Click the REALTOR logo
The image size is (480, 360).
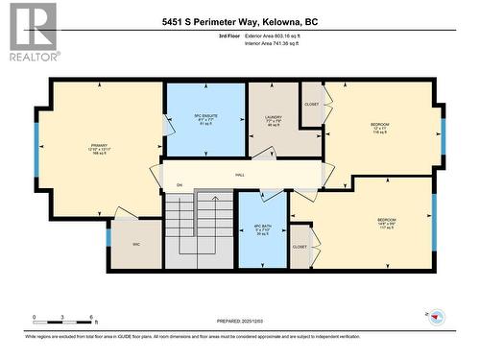(x=31, y=33)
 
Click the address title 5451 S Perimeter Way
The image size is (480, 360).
(x=239, y=20)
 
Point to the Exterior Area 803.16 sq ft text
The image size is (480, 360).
(x=278, y=35)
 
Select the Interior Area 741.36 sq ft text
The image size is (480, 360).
(x=279, y=44)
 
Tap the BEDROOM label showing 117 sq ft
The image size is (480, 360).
(x=386, y=223)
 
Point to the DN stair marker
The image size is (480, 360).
(x=165, y=184)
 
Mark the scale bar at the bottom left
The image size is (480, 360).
(x=62, y=316)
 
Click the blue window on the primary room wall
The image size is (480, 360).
(x=38, y=150)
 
